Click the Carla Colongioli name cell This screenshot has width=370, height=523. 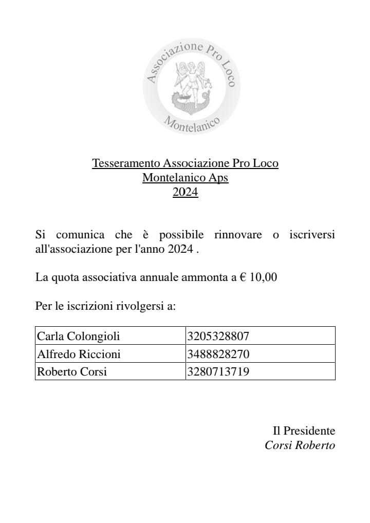pos(79,337)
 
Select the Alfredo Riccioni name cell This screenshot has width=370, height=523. pos(79,354)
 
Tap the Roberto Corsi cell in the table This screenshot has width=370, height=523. pos(72,371)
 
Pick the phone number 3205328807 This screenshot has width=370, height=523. pos(218,337)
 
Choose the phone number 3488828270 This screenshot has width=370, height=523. pos(218,354)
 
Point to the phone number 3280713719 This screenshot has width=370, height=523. pos(218,371)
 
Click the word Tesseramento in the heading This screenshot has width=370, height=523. pos(126,163)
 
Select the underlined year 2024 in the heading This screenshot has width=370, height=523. pos(185,193)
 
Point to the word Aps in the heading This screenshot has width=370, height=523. pos(218,178)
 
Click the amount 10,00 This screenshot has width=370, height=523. pos(263,278)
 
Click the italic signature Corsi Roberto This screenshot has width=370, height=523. pos(300,445)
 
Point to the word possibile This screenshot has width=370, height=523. pos(181,235)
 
